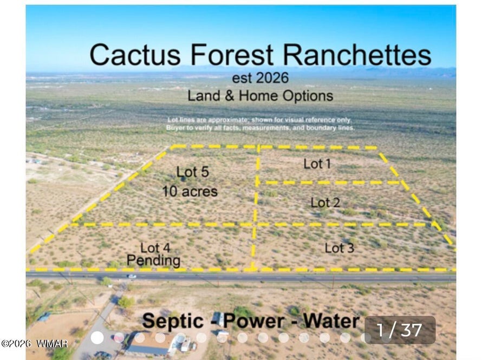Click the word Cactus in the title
[135, 55]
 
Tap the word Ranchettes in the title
[357, 55]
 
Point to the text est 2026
[260, 78]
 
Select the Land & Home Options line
[260, 96]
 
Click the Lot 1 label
[317, 163]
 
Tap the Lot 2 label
[325, 202]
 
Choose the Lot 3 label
[340, 248]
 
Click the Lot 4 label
[155, 247]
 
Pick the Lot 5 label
[193, 172]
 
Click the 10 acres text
[190, 192]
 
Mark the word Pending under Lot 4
[153, 260]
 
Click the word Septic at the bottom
[173, 322]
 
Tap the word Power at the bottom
[253, 322]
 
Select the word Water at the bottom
[331, 322]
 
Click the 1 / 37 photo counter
[400, 330]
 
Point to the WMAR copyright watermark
[34, 343]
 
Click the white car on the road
[132, 276]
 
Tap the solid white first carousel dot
[97, 338]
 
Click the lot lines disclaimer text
[260, 124]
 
